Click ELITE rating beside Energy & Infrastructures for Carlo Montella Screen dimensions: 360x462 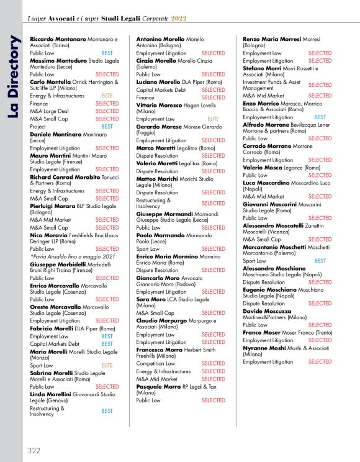pyautogui.click(x=107, y=96)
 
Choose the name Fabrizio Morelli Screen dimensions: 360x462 pyautogui.click(x=56, y=328)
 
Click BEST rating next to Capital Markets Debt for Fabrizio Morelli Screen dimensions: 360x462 pyautogui.click(x=107, y=343)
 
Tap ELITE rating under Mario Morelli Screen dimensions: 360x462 pyautogui.click(x=107, y=366)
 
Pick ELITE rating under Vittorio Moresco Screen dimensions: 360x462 pyautogui.click(x=213, y=119)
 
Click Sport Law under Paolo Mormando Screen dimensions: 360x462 pyautogui.click(x=148, y=248)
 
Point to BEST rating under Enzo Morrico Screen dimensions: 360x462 pyautogui.click(x=320, y=117)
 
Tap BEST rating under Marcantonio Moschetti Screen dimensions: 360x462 pyautogui.click(x=320, y=261)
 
